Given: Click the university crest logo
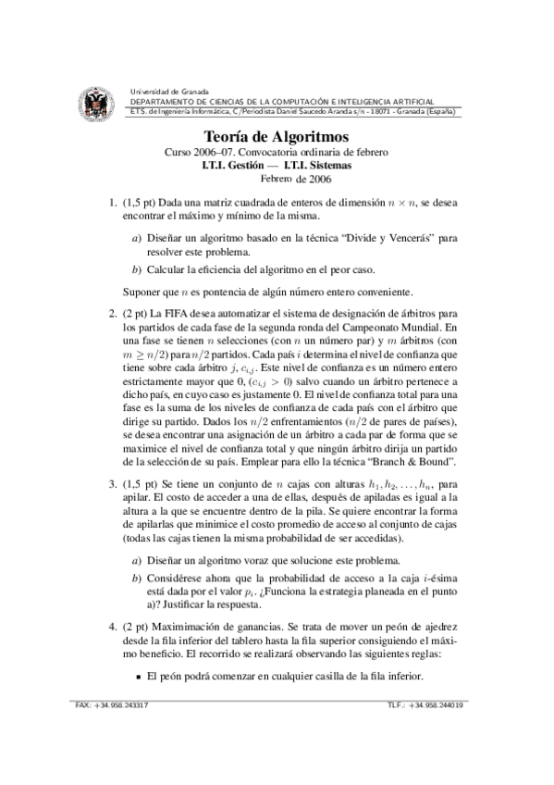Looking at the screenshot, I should tap(97, 103).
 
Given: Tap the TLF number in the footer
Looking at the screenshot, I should tap(426, 704).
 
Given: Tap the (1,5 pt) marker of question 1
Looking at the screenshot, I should tap(139, 201).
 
